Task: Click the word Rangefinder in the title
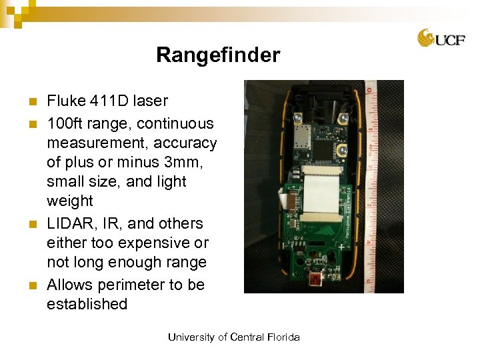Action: [218, 55]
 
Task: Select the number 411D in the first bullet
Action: [113, 101]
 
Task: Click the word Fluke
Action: [65, 101]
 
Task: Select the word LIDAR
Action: [70, 223]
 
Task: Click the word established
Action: [87, 305]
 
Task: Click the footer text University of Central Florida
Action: [233, 337]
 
